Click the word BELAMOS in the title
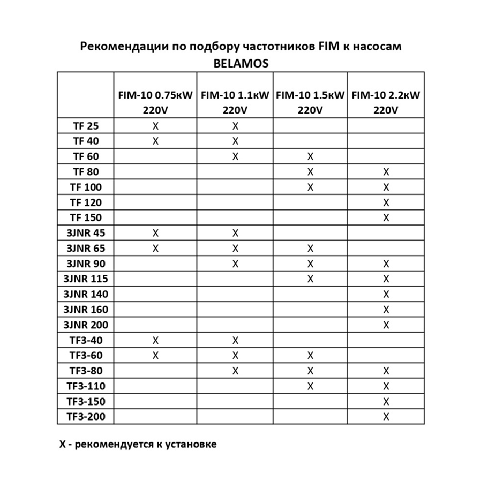click(x=241, y=62)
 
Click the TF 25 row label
click(x=85, y=126)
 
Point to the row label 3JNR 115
click(x=85, y=279)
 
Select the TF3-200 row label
click(x=85, y=416)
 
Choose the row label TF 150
click(x=85, y=218)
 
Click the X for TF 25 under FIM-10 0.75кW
click(x=155, y=126)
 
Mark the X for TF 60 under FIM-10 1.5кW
click(x=310, y=156)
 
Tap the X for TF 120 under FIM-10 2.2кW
click(x=386, y=202)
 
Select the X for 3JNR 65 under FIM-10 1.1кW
click(x=235, y=249)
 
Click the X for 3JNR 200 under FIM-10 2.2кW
click(x=386, y=325)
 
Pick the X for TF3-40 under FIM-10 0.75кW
click(x=155, y=340)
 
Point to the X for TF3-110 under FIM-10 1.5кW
click(x=310, y=386)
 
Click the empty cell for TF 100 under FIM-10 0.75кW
click(x=155, y=187)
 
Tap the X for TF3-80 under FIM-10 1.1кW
click(x=235, y=371)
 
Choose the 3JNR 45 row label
click(x=85, y=233)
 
